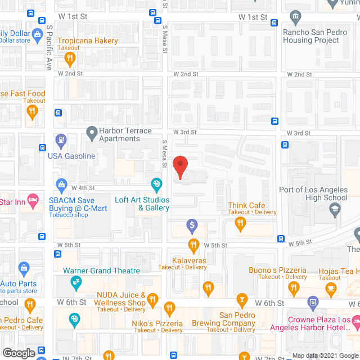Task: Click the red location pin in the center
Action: click(x=180, y=167)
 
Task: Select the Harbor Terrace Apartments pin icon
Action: click(x=91, y=133)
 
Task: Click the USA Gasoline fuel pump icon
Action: click(x=61, y=138)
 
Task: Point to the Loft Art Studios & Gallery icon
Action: click(x=156, y=183)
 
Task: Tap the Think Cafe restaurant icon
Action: click(x=241, y=224)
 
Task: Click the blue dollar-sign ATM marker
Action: click(x=192, y=226)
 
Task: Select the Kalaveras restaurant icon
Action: click(x=193, y=245)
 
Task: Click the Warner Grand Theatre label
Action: click(x=101, y=271)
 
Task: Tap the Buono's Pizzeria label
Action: click(x=277, y=271)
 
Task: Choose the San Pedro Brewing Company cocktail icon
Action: click(x=243, y=298)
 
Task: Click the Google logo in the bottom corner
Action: click(x=19, y=353)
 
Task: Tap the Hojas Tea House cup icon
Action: click(x=330, y=287)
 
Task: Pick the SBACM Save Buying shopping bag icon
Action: click(x=61, y=184)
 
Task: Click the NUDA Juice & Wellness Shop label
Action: click(x=120, y=299)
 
